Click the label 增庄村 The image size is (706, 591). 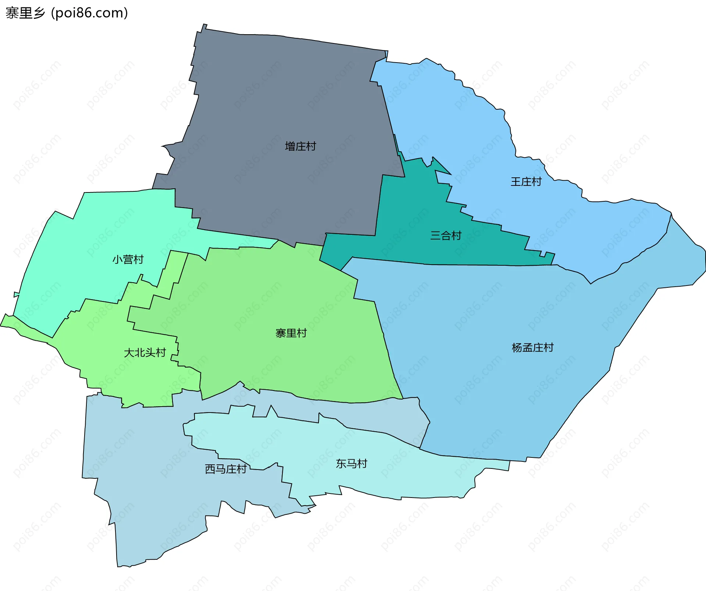coord(300,146)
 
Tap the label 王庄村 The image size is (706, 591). coord(526,182)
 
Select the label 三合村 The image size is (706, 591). coord(446,236)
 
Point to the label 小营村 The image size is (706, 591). coord(128,259)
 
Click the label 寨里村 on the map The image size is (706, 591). coord(291,333)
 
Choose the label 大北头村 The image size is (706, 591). coord(145,353)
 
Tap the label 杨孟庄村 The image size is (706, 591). coord(532,347)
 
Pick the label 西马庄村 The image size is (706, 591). coord(225,469)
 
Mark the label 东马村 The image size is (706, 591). coord(351,464)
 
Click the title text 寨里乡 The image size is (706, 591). coord(25,13)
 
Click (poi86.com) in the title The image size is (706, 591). coord(89,13)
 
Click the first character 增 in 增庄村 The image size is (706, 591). coord(290,146)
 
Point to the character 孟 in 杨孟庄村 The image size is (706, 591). coord(527,347)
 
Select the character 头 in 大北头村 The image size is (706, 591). coord(150,353)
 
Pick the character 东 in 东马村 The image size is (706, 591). coord(341,464)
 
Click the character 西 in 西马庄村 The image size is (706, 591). coord(210,469)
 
